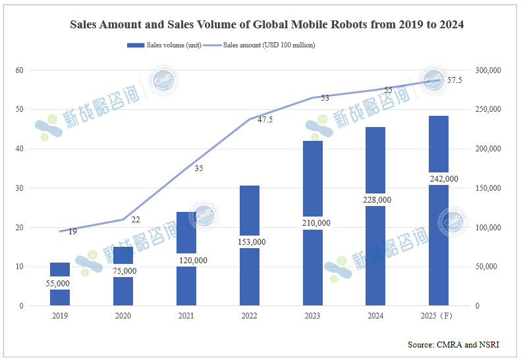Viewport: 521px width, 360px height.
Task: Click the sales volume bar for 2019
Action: click(x=60, y=284)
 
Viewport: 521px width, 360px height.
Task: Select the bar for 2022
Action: click(x=250, y=245)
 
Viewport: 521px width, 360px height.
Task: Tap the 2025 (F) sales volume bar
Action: click(x=439, y=211)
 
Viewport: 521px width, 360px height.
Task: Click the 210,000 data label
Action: click(x=316, y=223)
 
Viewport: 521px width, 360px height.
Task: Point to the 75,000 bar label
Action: click(x=124, y=271)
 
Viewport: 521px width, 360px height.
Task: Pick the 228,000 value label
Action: click(x=377, y=200)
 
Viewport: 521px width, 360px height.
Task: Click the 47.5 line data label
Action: click(x=265, y=120)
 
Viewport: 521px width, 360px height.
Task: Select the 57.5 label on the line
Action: click(x=454, y=80)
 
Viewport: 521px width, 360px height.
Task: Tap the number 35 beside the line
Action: click(x=199, y=168)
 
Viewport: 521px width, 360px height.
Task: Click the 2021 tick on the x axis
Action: click(x=186, y=315)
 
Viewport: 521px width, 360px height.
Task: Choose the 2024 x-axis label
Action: click(x=375, y=315)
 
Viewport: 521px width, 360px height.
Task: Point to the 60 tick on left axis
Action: click(x=19, y=70)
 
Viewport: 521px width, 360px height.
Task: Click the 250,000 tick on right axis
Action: click(x=488, y=109)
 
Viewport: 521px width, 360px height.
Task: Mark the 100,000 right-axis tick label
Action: click(x=488, y=228)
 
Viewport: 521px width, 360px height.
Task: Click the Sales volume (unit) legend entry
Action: click(x=164, y=45)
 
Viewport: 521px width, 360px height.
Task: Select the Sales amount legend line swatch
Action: click(x=212, y=45)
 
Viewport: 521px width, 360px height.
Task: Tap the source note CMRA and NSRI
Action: click(x=468, y=345)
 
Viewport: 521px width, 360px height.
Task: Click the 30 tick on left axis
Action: click(x=19, y=188)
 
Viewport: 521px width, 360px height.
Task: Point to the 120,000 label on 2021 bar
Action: click(x=193, y=261)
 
